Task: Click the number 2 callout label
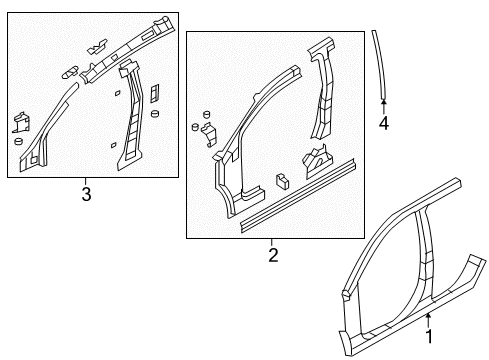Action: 271,254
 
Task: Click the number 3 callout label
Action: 86,194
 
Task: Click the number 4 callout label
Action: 382,123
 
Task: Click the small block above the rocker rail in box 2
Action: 281,182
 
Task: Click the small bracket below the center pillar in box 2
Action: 318,157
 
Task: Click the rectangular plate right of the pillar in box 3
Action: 154,93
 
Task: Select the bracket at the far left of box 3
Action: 20,123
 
